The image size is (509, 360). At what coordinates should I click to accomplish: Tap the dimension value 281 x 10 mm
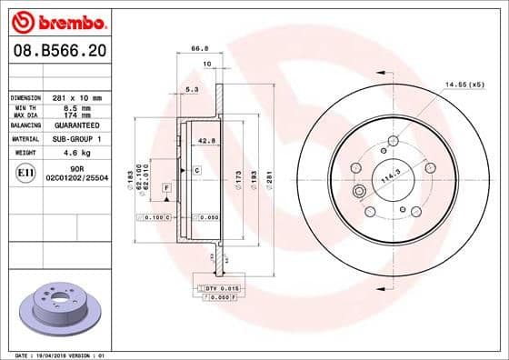(x=77, y=97)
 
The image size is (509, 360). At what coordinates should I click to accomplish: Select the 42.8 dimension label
(x=206, y=141)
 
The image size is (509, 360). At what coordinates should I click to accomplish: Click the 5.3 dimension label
(x=191, y=89)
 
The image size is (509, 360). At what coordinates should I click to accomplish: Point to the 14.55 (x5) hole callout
(x=464, y=84)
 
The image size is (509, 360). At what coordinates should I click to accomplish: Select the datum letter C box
(x=196, y=170)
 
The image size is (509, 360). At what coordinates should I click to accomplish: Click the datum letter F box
(x=167, y=186)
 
